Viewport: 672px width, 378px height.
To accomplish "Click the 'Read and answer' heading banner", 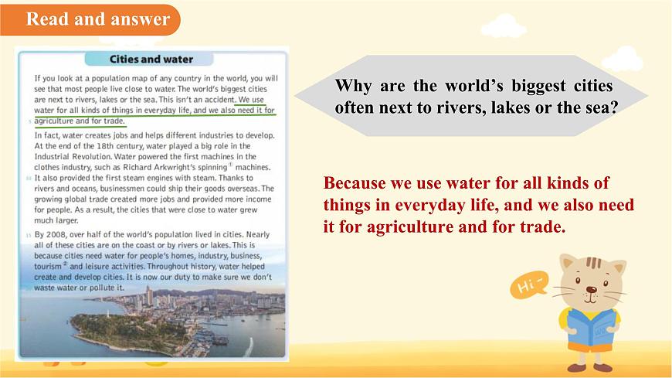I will coord(97,19).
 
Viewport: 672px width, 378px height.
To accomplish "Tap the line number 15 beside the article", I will coord(29,234).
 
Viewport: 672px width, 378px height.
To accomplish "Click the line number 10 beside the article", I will coord(29,178).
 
